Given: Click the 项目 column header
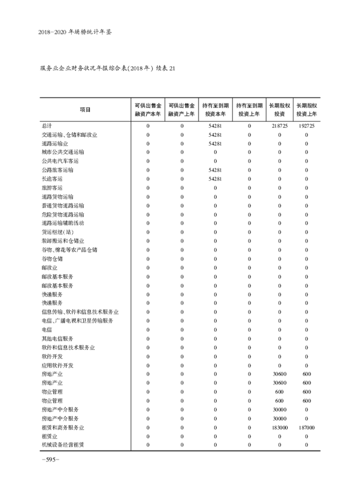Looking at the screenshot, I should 85,109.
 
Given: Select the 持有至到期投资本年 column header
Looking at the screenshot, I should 216,109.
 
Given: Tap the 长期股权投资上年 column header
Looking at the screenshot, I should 306,109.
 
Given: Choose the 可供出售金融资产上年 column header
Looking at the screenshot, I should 182,109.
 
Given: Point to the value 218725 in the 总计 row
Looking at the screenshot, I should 279,126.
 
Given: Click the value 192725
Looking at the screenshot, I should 306,126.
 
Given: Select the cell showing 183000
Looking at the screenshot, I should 279,427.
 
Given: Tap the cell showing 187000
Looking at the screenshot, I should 306,427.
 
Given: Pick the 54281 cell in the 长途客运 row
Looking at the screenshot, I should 216,179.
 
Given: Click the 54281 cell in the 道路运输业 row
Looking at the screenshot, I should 216,144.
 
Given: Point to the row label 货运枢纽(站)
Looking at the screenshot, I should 57,232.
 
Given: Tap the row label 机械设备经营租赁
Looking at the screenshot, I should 63,445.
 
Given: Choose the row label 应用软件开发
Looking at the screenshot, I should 57,365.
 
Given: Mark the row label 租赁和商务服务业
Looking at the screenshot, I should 63,427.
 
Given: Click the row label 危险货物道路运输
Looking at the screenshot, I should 63,214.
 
